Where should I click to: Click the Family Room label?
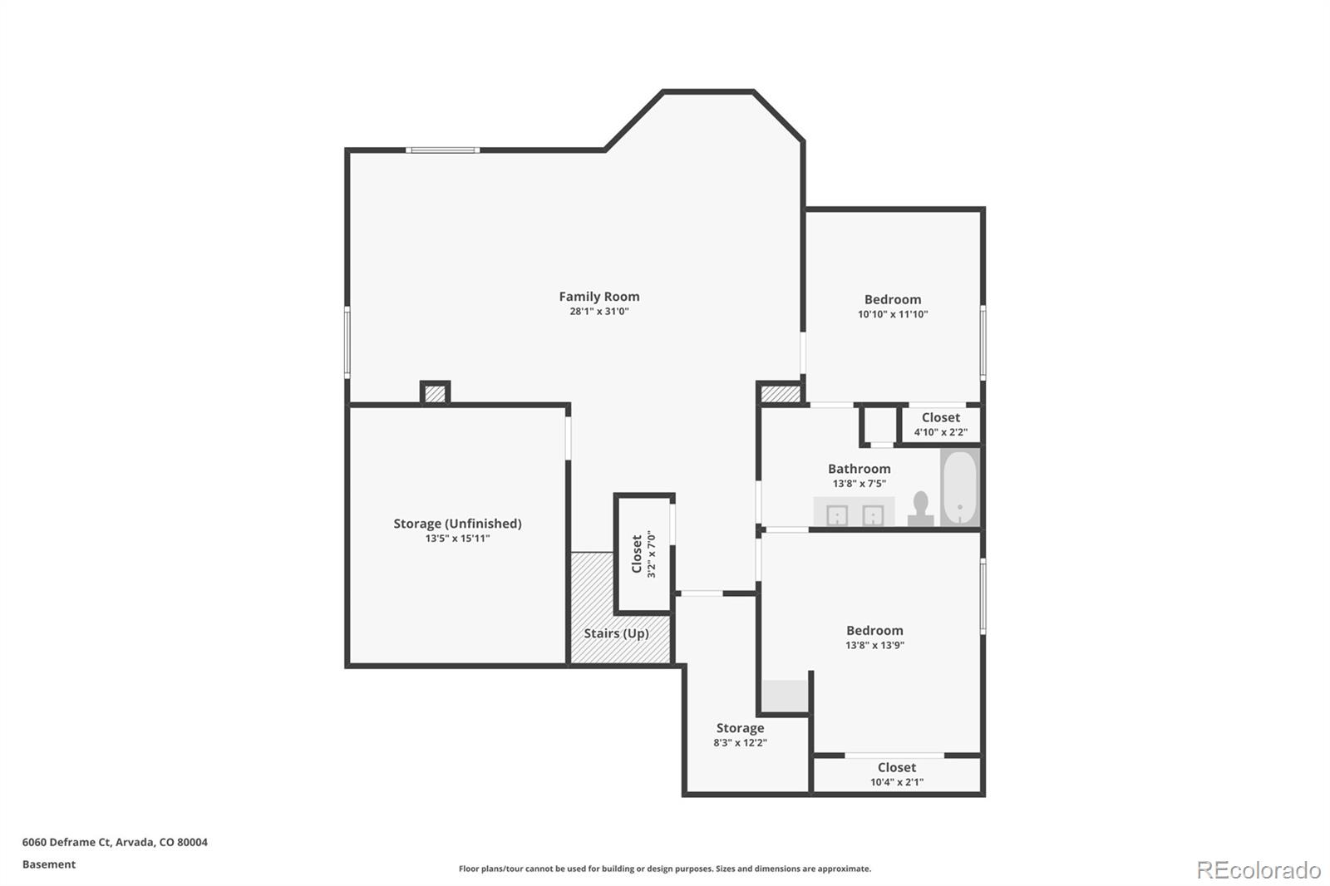pyautogui.click(x=598, y=296)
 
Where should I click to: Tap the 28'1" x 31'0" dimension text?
pyautogui.click(x=598, y=312)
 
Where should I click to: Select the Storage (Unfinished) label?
pyautogui.click(x=457, y=524)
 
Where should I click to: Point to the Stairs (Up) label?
pyautogui.click(x=616, y=633)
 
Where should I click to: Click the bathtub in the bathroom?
pyautogui.click(x=960, y=487)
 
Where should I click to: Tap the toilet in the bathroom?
pyautogui.click(x=920, y=508)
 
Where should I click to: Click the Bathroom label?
pyautogui.click(x=859, y=469)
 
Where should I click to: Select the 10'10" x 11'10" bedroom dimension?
pyautogui.click(x=893, y=314)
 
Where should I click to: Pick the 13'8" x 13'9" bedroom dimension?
pyautogui.click(x=874, y=645)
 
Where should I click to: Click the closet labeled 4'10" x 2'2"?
pyautogui.click(x=940, y=424)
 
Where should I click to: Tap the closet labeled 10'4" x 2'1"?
pyautogui.click(x=896, y=774)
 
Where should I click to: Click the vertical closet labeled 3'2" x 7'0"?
pyautogui.click(x=643, y=554)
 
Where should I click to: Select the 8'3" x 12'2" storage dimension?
pyautogui.click(x=740, y=743)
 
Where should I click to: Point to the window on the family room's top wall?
pyautogui.click(x=442, y=150)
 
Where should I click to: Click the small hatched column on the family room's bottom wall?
pyautogui.click(x=435, y=393)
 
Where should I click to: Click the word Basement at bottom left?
pyautogui.click(x=49, y=864)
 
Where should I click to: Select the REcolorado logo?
pyautogui.click(x=1258, y=869)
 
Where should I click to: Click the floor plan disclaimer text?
pyautogui.click(x=665, y=869)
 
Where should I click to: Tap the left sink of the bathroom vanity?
pyautogui.click(x=836, y=515)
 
